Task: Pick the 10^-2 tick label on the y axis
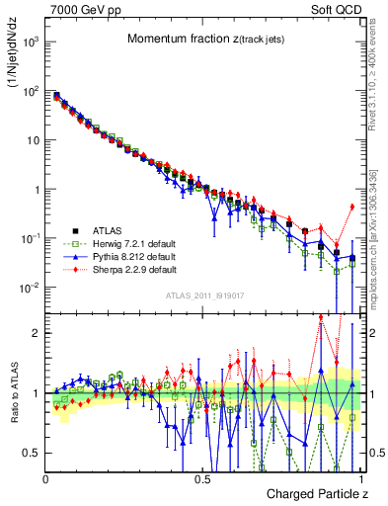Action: (30, 288)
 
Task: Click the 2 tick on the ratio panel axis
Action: (36, 333)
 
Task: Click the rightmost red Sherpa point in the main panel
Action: (352, 207)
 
